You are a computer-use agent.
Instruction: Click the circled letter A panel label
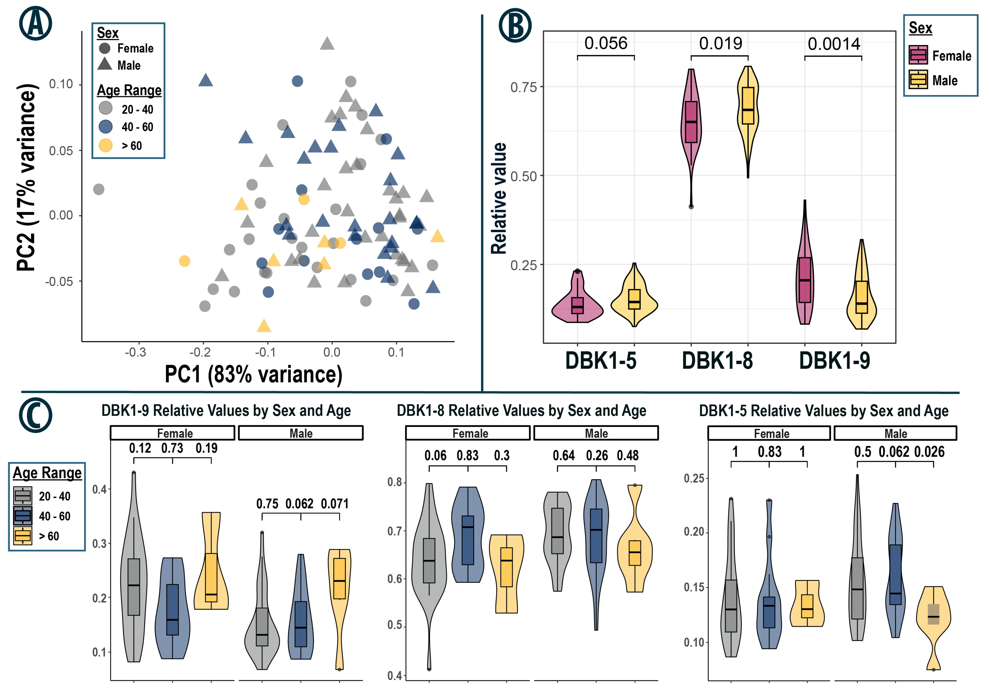click(35, 23)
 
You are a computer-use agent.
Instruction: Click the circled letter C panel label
click(35, 415)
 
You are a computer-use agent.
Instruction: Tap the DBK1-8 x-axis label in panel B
click(717, 361)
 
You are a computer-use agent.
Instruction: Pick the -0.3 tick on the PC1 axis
click(135, 352)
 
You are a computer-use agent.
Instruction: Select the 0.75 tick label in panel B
click(523, 88)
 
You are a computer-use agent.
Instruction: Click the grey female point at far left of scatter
click(99, 189)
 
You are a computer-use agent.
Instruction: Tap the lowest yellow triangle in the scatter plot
click(264, 326)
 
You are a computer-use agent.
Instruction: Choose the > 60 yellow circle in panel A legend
click(106, 145)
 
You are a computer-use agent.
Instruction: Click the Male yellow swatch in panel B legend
click(918, 80)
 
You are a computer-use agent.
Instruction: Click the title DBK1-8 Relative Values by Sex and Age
click(521, 411)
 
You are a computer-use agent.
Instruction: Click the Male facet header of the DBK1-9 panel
click(301, 433)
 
